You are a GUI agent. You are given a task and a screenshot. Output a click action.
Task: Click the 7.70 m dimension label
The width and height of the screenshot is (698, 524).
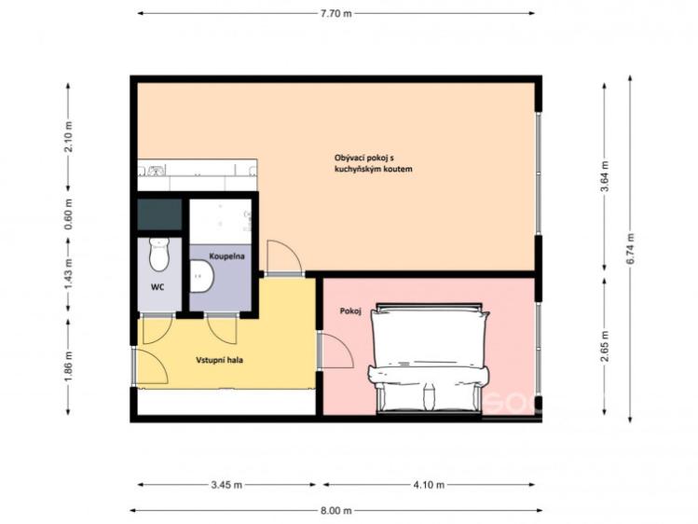click(336, 13)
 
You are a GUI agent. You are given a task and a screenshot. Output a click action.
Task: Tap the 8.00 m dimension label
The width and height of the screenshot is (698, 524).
click(336, 510)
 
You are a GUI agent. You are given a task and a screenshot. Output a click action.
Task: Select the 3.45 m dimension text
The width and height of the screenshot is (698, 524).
click(226, 485)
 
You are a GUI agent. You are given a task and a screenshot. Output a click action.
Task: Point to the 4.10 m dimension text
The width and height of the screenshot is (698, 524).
click(429, 485)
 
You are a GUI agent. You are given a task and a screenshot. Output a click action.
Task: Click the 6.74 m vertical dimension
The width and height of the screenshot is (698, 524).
click(630, 249)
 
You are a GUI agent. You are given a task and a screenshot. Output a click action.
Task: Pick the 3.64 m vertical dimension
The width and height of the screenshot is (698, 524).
click(605, 176)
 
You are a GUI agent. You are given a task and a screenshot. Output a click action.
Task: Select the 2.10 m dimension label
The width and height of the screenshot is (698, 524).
click(69, 136)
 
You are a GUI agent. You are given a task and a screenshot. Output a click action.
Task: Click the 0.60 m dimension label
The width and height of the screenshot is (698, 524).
click(69, 214)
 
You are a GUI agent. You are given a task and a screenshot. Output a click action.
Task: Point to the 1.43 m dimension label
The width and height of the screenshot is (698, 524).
click(69, 274)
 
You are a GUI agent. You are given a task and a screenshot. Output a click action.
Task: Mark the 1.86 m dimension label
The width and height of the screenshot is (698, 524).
click(69, 366)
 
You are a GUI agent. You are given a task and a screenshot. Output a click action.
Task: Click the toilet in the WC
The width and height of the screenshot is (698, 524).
click(159, 255)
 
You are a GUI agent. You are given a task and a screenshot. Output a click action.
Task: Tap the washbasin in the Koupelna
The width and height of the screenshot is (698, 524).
click(202, 277)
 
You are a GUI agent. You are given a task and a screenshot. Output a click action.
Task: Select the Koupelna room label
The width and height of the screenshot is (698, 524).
click(226, 256)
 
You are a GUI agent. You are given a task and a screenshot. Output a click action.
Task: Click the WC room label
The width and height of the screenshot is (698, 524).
click(157, 287)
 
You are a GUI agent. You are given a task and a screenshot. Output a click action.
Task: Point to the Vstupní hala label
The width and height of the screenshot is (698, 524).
click(219, 360)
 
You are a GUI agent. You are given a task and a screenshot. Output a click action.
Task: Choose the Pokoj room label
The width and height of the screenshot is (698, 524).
click(349, 311)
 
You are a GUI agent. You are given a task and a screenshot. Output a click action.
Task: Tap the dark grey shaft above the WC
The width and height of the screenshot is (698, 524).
click(159, 214)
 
